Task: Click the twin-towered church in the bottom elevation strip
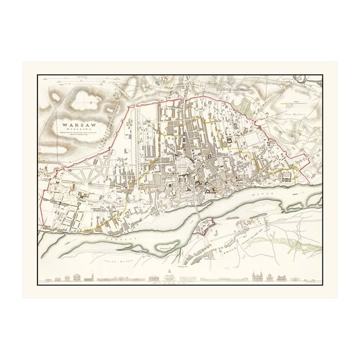258,274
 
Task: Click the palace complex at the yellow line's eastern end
288,176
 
